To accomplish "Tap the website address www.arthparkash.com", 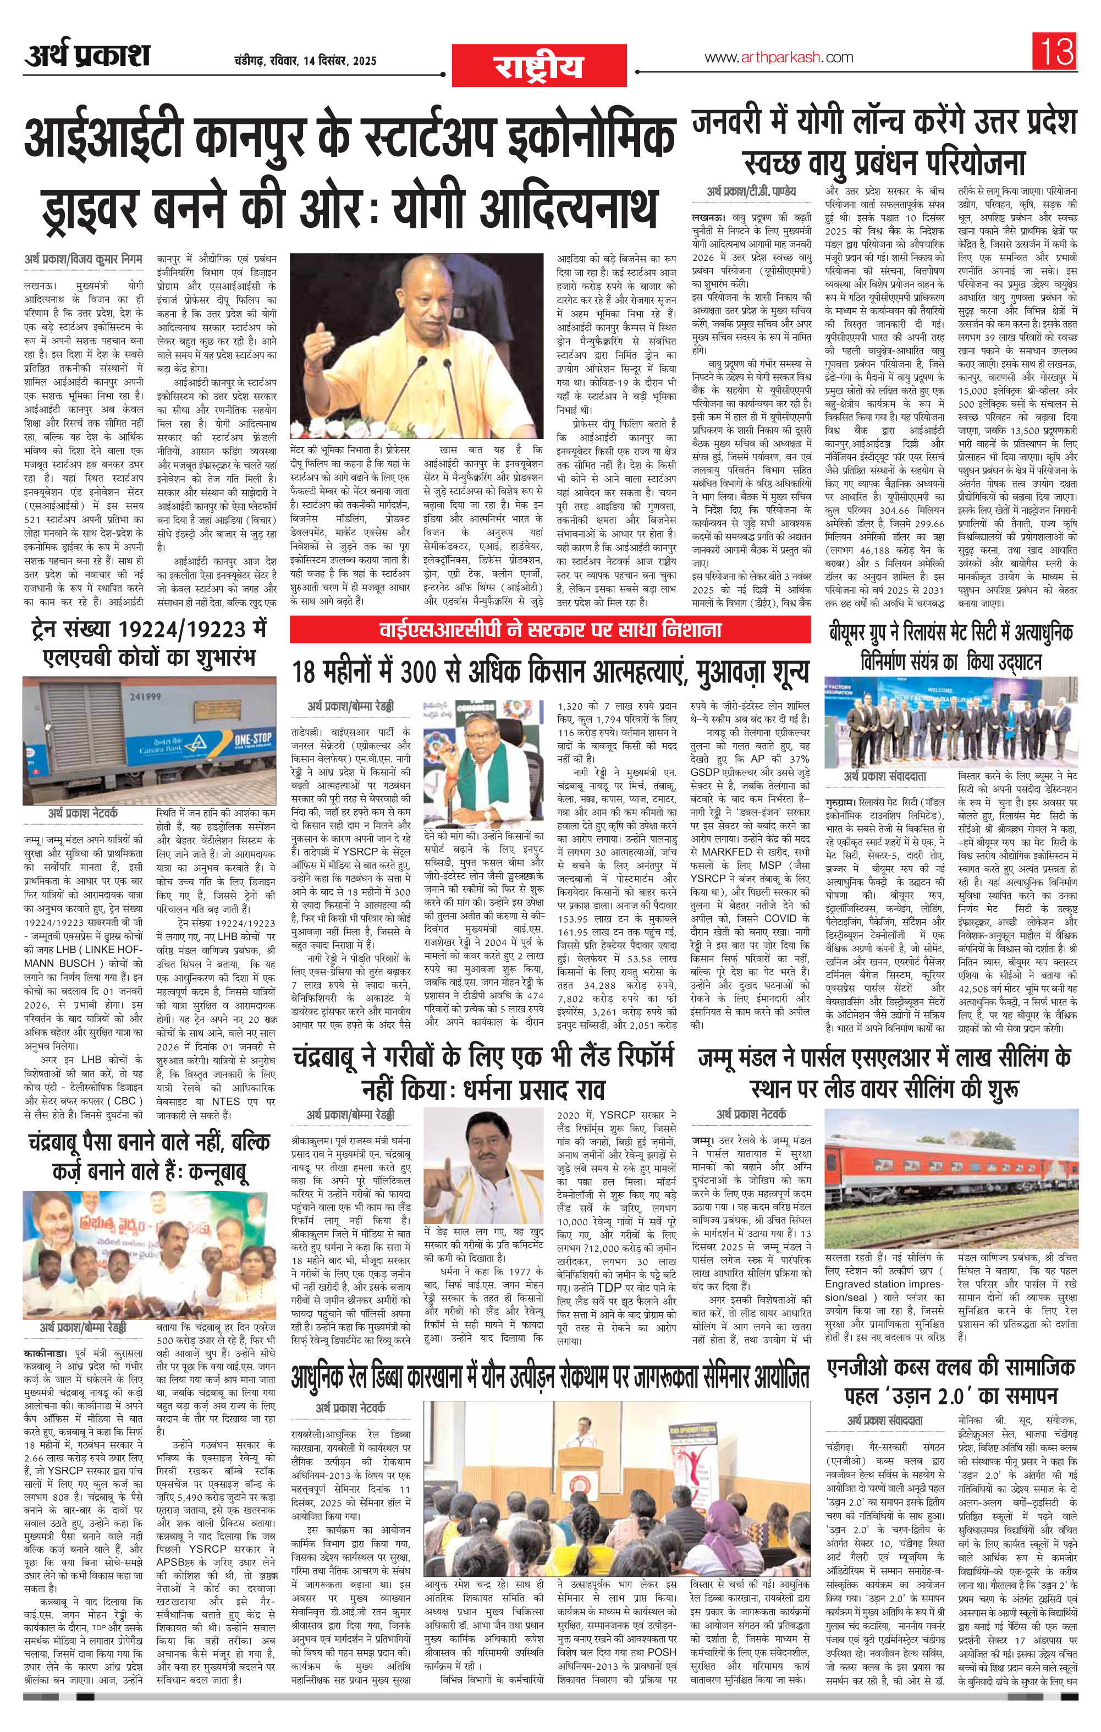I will [x=779, y=58].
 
